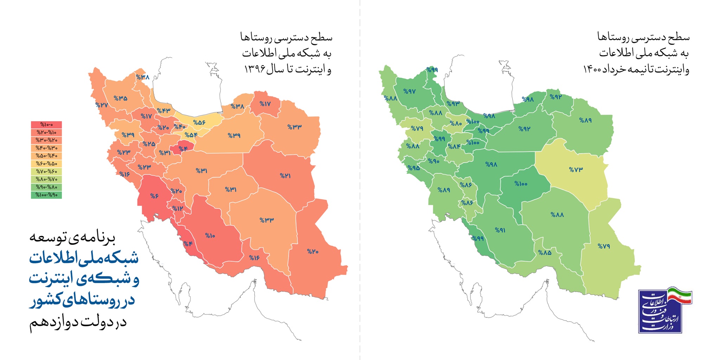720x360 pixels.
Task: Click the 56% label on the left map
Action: [199, 123]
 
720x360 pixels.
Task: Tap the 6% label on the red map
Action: [154, 196]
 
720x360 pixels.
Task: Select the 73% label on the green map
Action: [576, 169]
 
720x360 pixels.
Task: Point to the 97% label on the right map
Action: [409, 91]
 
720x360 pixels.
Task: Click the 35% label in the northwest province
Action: [121, 98]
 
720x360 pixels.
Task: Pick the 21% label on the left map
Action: [285, 175]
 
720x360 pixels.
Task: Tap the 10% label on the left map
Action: [210, 236]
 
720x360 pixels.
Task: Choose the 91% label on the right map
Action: [500, 230]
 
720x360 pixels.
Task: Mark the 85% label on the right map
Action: [545, 252]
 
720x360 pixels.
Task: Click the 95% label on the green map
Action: [413, 168]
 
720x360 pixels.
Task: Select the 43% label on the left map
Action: [163, 110]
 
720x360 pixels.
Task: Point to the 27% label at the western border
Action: [101, 105]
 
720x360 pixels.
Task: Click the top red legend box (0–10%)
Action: [46, 125]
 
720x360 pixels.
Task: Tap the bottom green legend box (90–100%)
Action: [46, 195]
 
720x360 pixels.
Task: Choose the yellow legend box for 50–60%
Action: [46, 163]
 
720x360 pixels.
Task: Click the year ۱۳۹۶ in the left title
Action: [254, 69]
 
